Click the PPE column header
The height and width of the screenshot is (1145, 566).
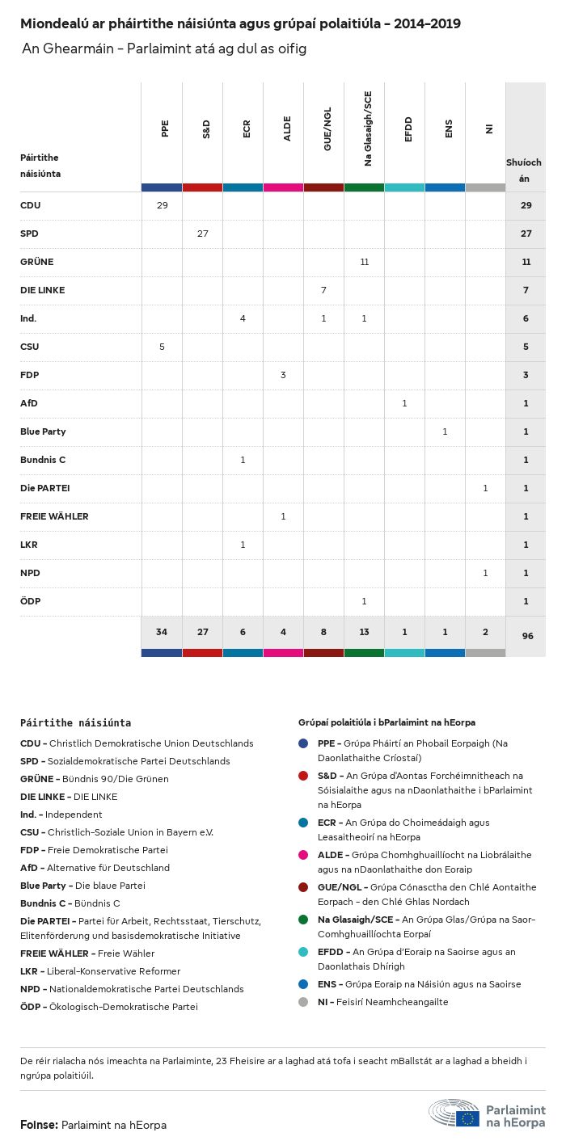pos(165,128)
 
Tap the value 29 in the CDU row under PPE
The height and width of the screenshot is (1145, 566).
pos(162,205)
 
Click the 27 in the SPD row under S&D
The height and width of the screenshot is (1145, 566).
pos(202,234)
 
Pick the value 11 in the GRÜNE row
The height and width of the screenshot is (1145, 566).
pos(364,262)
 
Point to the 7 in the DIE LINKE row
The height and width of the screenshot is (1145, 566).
pos(323,290)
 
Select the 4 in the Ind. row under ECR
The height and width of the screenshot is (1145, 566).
pos(243,318)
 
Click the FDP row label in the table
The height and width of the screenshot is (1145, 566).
pos(30,375)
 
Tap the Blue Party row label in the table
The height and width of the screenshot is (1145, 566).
pos(43,431)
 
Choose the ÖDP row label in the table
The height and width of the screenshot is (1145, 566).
pos(31,601)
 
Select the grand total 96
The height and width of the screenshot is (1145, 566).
pos(527,636)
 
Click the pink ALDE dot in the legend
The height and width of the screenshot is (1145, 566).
pos(303,855)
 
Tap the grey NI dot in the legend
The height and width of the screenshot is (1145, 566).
pos(303,1002)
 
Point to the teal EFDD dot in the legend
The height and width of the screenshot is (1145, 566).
pos(303,952)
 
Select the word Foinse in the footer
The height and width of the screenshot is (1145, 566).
pos(38,1125)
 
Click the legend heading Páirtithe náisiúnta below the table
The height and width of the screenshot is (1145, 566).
pos(75,722)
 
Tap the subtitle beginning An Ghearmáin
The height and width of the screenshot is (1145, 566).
pos(164,49)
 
